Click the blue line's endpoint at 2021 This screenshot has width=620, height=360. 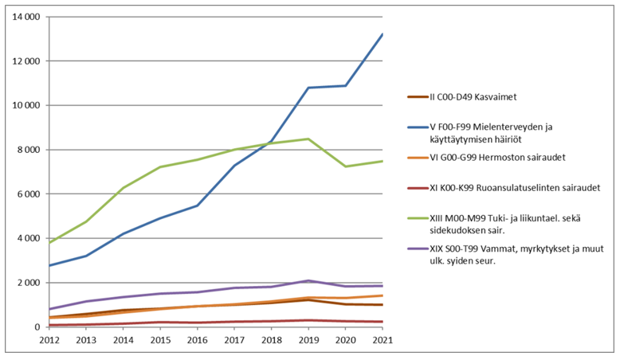pyautogui.click(x=382, y=34)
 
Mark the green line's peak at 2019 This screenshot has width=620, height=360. pyautogui.click(x=308, y=139)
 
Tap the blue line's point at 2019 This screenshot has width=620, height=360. pyautogui.click(x=308, y=88)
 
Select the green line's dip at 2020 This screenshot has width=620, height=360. pyautogui.click(x=345, y=166)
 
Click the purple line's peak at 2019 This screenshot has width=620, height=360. pyautogui.click(x=308, y=280)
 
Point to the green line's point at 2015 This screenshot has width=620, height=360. pyautogui.click(x=160, y=167)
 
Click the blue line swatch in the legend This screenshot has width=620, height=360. pyautogui.click(x=418, y=126)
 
